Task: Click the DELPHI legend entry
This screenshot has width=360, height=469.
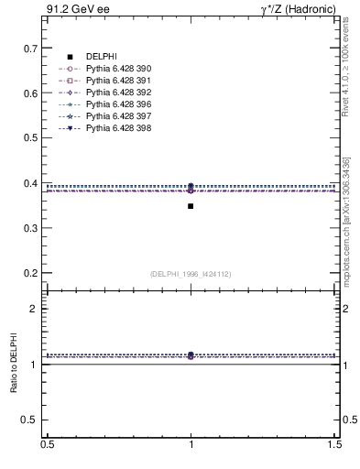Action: click(102, 57)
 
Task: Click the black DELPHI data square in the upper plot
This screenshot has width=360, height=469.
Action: click(191, 206)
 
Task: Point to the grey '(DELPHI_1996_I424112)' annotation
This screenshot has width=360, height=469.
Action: click(191, 274)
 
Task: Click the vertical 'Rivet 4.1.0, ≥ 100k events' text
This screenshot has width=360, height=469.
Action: click(345, 70)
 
